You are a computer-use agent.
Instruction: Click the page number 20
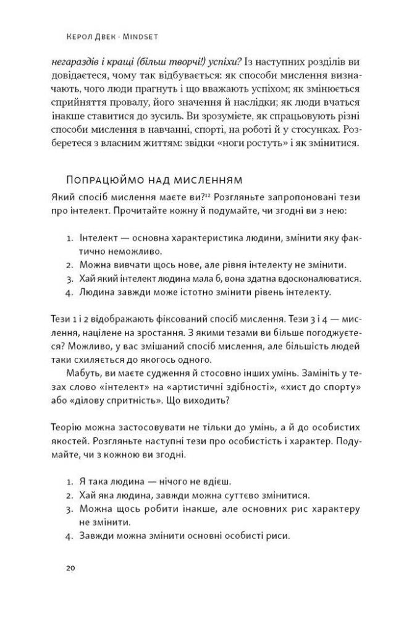click(x=69, y=568)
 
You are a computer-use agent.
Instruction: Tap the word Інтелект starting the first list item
click(x=97, y=238)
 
